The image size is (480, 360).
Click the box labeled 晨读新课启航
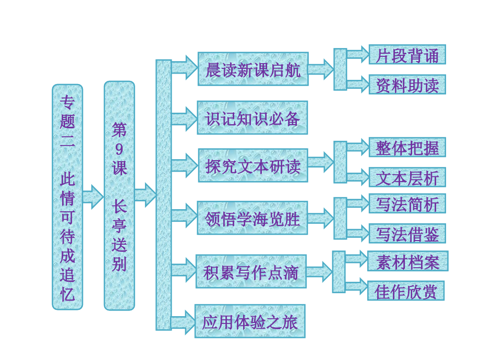click(x=253, y=69)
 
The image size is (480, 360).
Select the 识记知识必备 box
click(x=253, y=118)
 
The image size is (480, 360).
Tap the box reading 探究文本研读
click(x=253, y=165)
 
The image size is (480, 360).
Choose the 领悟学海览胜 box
click(x=253, y=218)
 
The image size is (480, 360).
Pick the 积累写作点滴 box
click(x=251, y=271)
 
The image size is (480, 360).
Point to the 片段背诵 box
click(x=407, y=55)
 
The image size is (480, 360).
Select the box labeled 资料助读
click(x=407, y=85)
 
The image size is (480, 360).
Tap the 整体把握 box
click(x=407, y=148)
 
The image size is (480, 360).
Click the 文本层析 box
click(x=407, y=178)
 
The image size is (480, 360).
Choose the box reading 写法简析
click(x=407, y=203)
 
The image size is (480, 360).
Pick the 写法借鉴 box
click(x=407, y=234)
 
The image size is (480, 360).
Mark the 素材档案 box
click(x=407, y=261)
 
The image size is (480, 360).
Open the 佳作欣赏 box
click(x=406, y=291)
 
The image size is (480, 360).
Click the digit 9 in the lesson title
click(x=119, y=150)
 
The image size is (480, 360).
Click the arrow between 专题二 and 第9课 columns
click(x=93, y=196)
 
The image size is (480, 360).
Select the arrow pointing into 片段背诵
click(x=358, y=55)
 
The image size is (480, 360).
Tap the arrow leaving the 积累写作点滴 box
click(x=319, y=271)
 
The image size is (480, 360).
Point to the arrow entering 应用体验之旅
click(x=183, y=321)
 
